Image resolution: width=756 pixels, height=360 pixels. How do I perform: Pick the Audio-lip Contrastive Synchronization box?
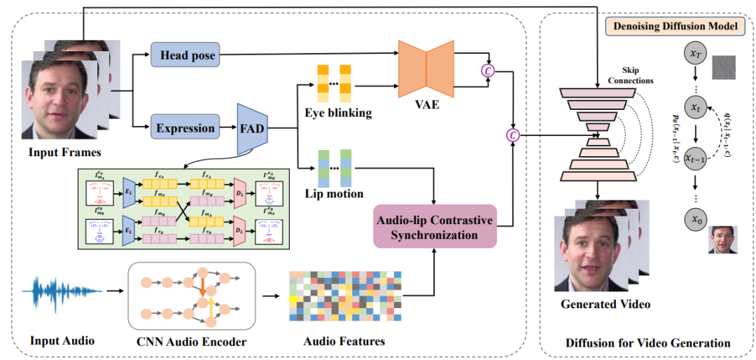pos(435,227)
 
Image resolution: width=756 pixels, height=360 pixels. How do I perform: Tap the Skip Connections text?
pos(633,75)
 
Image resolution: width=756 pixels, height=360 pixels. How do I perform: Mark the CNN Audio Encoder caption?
pos(192,341)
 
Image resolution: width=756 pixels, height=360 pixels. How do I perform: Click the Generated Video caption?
pos(605,304)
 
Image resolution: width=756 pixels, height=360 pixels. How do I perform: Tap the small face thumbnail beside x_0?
pos(724,240)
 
